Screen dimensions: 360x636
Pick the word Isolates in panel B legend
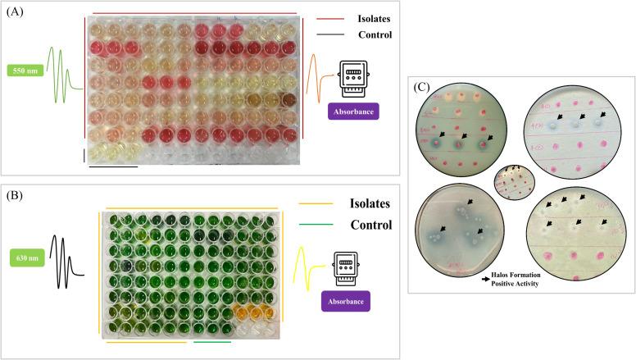tap(367, 204)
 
